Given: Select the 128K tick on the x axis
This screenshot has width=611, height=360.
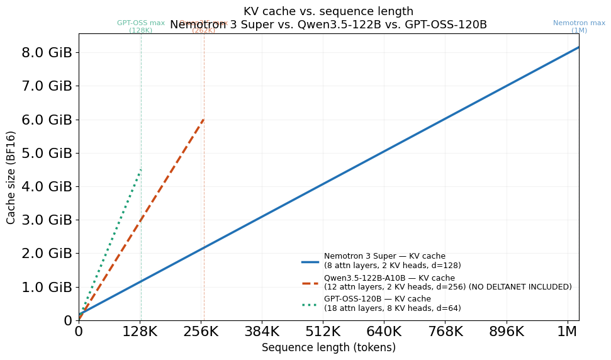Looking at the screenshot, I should (x=140, y=331).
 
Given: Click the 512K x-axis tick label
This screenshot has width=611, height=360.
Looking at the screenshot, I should (x=323, y=331).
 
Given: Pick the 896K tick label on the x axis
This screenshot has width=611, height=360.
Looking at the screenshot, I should (x=507, y=331).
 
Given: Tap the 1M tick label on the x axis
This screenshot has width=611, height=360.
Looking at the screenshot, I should (x=568, y=331).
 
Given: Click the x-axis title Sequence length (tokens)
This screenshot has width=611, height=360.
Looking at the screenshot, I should (x=328, y=347).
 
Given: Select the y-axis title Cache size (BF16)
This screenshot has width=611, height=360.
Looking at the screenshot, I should (x=11, y=177).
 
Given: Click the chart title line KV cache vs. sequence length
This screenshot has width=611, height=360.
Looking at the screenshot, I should (x=328, y=11).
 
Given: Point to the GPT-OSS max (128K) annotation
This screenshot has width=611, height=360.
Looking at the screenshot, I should (x=141, y=26).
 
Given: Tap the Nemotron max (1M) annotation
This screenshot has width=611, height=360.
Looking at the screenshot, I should (x=579, y=26).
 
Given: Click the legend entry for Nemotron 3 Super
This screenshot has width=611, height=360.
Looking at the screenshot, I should (x=384, y=261).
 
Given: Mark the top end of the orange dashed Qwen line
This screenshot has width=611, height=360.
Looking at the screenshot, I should (x=203, y=118).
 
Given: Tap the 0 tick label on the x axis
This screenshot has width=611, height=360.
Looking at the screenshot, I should (x=79, y=331).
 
